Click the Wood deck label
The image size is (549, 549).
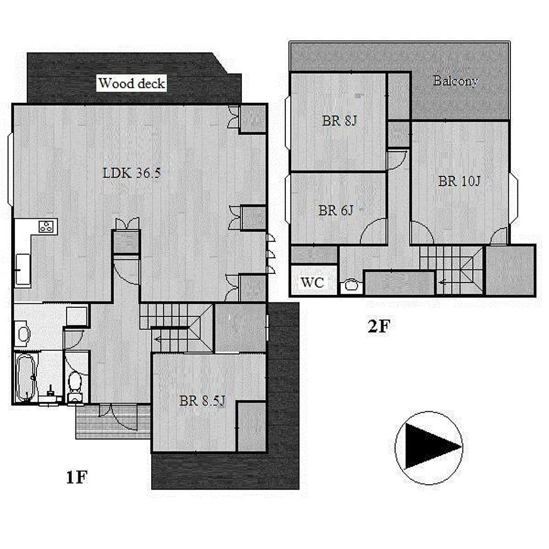coord(132,83)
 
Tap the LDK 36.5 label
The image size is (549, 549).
coord(132,173)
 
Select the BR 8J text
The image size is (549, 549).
coord(339,121)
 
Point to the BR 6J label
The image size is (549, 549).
coord(336,210)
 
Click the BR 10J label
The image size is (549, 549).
coord(459,181)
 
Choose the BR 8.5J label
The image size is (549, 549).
coord(203,400)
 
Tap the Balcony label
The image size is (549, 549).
coord(456,81)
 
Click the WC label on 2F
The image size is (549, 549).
coord(313,282)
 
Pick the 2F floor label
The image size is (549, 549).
coord(379,326)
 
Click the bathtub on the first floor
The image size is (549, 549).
coord(25,378)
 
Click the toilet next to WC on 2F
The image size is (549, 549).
coord(350,285)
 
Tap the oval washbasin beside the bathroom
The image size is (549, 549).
coord(23,334)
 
